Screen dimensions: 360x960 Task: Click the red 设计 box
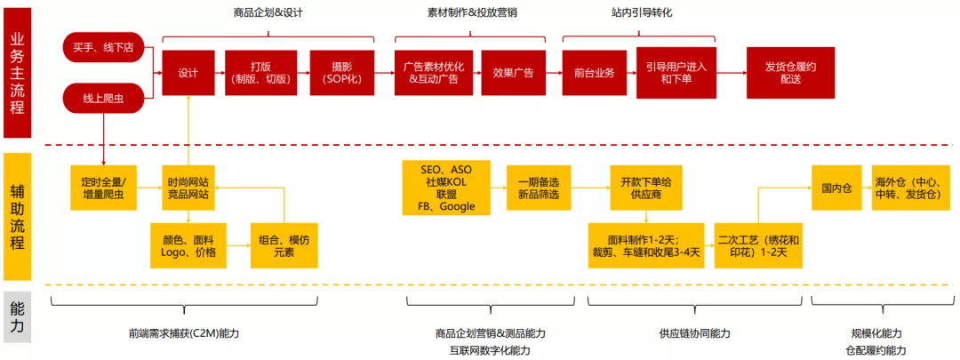[x=188, y=73]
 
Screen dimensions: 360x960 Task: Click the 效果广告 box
[x=512, y=73]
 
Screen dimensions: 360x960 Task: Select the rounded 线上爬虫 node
[x=104, y=98]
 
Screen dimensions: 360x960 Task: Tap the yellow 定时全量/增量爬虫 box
[x=104, y=188]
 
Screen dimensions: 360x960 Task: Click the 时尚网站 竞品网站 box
[x=188, y=188]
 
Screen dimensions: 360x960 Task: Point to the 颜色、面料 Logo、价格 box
[x=188, y=245]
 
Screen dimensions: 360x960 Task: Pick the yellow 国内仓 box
[x=836, y=188]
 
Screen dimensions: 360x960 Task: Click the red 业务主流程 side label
[x=17, y=73]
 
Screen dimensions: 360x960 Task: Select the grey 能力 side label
[x=17, y=316]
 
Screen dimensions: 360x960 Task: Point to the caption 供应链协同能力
[x=695, y=333]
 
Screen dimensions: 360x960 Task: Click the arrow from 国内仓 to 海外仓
[x=866, y=188]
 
